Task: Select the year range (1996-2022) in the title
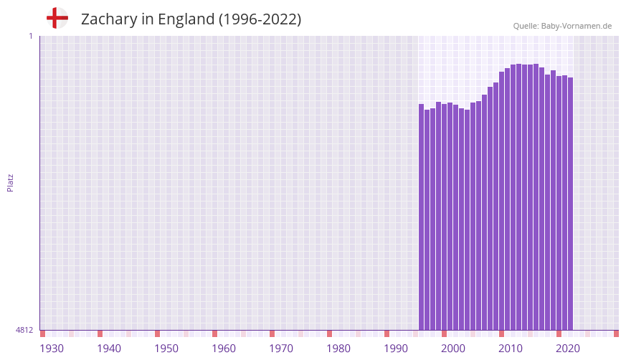[x=260, y=19]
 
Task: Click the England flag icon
[x=57, y=18]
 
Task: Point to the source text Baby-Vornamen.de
[x=576, y=26]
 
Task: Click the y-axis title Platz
[x=10, y=182]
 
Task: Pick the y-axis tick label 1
[x=30, y=36]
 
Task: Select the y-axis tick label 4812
[x=24, y=330]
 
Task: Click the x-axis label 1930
[x=52, y=349]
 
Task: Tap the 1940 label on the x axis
[x=109, y=349]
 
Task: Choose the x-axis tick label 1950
[x=166, y=349]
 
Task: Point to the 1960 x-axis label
[x=224, y=349]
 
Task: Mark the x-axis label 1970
[x=281, y=349]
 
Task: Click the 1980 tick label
[x=338, y=349]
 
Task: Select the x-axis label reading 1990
[x=396, y=349]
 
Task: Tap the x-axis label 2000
[x=453, y=349]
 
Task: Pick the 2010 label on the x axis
[x=511, y=349]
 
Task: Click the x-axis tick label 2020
[x=568, y=349]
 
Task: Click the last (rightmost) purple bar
[x=570, y=204]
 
